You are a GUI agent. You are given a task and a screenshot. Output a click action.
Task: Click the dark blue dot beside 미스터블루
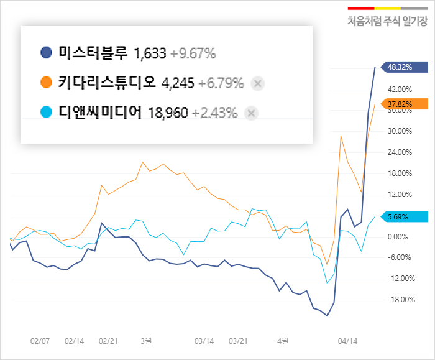pos(46,53)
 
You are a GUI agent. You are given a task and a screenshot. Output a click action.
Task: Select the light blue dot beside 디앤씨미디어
pos(46,113)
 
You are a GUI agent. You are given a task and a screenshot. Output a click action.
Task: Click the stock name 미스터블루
pos(92,53)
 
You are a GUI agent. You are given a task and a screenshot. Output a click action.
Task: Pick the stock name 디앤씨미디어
pos(100,113)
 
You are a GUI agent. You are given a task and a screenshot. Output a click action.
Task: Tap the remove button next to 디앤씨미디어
pos(251,113)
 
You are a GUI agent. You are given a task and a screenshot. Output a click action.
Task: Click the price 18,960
pos(168,113)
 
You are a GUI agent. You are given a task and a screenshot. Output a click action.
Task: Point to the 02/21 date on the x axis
pos(108,341)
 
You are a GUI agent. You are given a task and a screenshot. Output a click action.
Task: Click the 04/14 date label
pos(347,341)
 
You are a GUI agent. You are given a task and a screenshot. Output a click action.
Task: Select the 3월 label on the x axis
pos(147,341)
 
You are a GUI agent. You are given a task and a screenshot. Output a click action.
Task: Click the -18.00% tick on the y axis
pos(400,300)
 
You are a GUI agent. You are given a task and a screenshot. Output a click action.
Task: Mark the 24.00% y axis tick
pos(400,152)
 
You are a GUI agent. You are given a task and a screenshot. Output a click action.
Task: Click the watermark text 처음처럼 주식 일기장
pos(387,22)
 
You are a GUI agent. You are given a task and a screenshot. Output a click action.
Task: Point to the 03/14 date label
pos(204,341)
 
